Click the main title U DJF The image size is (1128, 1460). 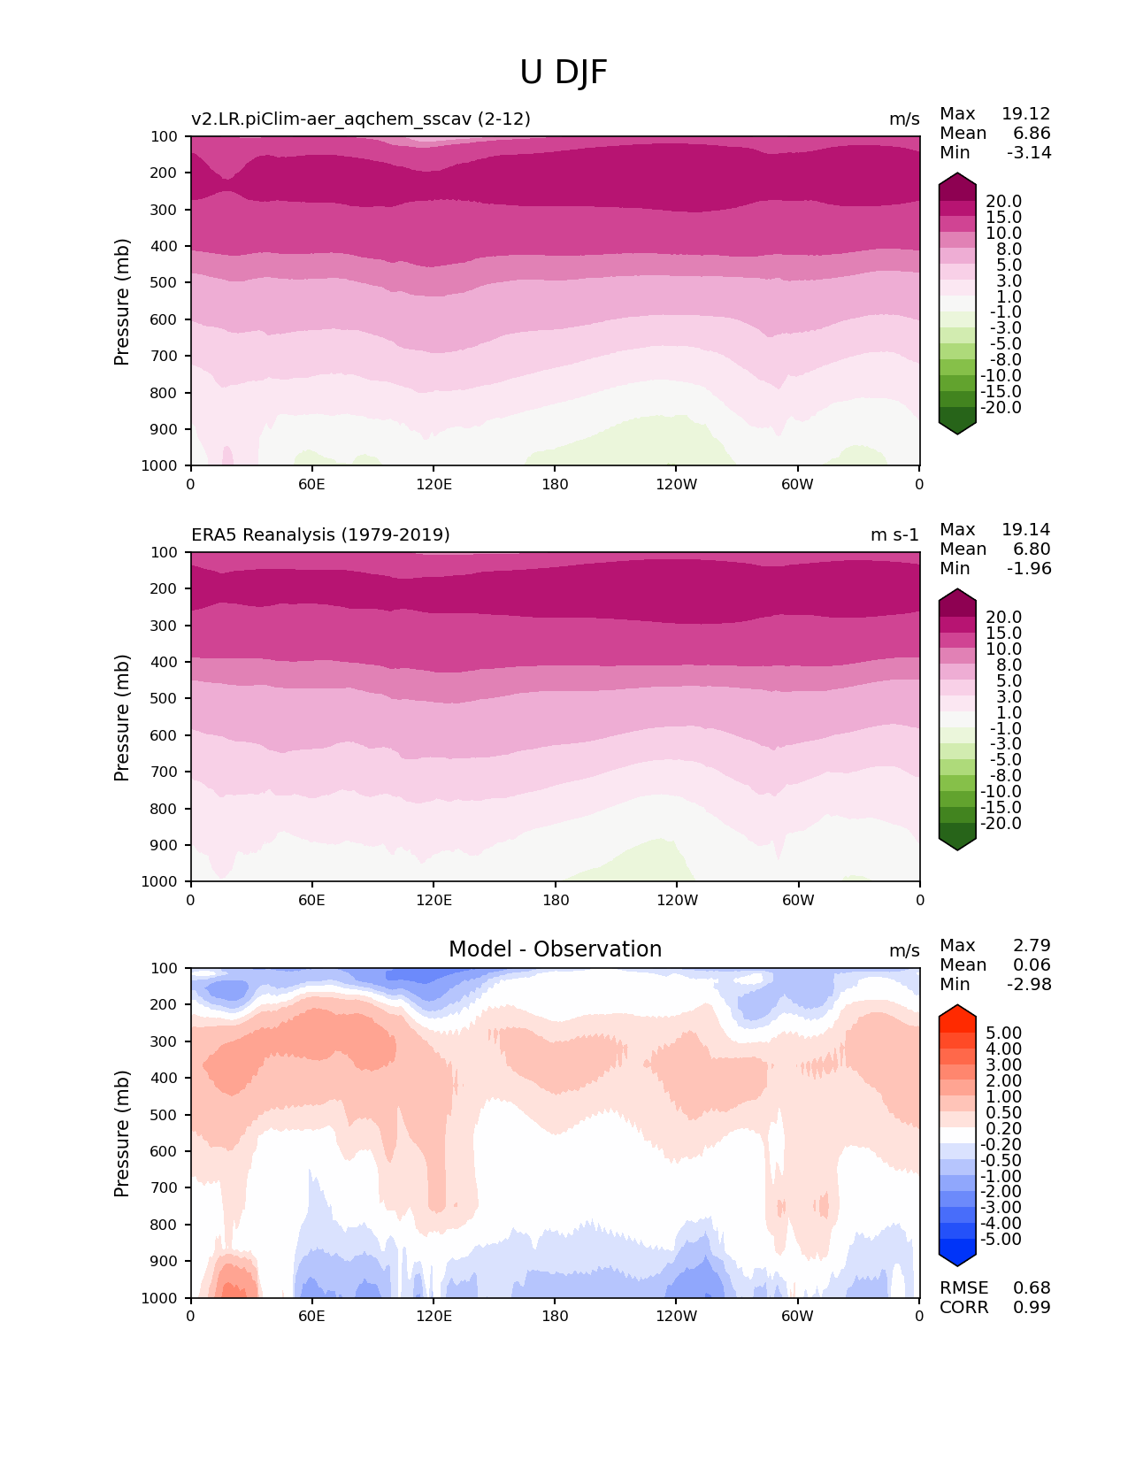[x=564, y=73]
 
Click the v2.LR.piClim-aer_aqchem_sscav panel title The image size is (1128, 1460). [x=361, y=119]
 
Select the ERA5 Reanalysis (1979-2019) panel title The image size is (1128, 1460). [x=320, y=535]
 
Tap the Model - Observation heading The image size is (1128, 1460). [x=555, y=949]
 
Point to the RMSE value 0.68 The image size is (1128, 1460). [x=1032, y=1288]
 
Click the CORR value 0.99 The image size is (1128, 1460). [x=1032, y=1308]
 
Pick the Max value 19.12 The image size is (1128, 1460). [x=1025, y=114]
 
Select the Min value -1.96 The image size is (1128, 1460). [x=1029, y=569]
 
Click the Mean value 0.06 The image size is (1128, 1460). [x=1032, y=965]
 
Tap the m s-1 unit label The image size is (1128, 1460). [x=894, y=535]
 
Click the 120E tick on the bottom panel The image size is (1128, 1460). [x=434, y=1317]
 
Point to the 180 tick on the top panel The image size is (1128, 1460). [x=555, y=485]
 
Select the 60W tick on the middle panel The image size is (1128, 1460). [x=797, y=901]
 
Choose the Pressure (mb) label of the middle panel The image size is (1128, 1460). [x=122, y=718]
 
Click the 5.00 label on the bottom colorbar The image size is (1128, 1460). [x=1003, y=1034]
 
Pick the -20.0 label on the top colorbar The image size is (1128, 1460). [x=1003, y=408]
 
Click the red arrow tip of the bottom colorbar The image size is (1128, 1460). [x=957, y=1010]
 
